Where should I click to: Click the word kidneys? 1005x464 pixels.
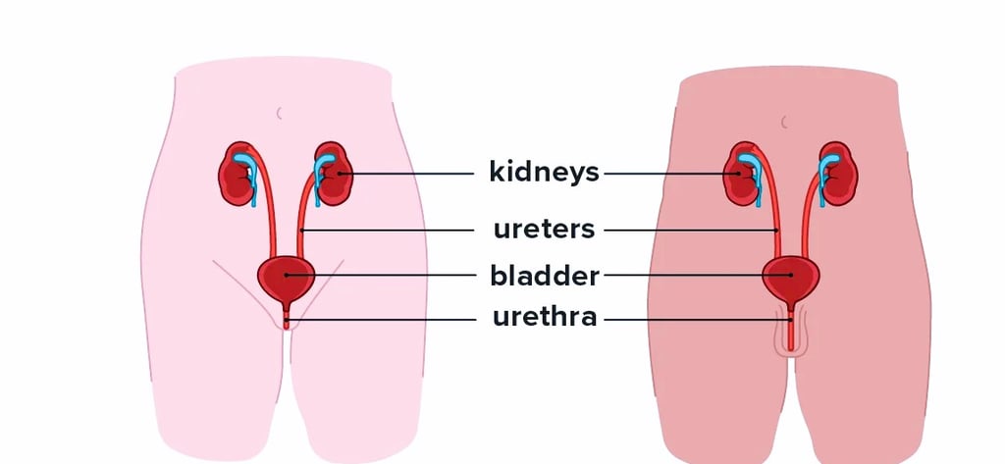[544, 173]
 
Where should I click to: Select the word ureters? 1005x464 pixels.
[544, 230]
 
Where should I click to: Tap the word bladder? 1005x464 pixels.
[544, 276]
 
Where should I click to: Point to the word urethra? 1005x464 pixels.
[544, 318]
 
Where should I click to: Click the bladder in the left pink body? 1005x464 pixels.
[286, 278]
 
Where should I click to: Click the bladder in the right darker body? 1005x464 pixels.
[791, 278]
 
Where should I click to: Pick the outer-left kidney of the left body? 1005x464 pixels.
[236, 177]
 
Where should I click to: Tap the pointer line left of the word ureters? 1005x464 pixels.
[393, 231]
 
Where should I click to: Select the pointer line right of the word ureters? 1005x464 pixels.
[687, 231]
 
